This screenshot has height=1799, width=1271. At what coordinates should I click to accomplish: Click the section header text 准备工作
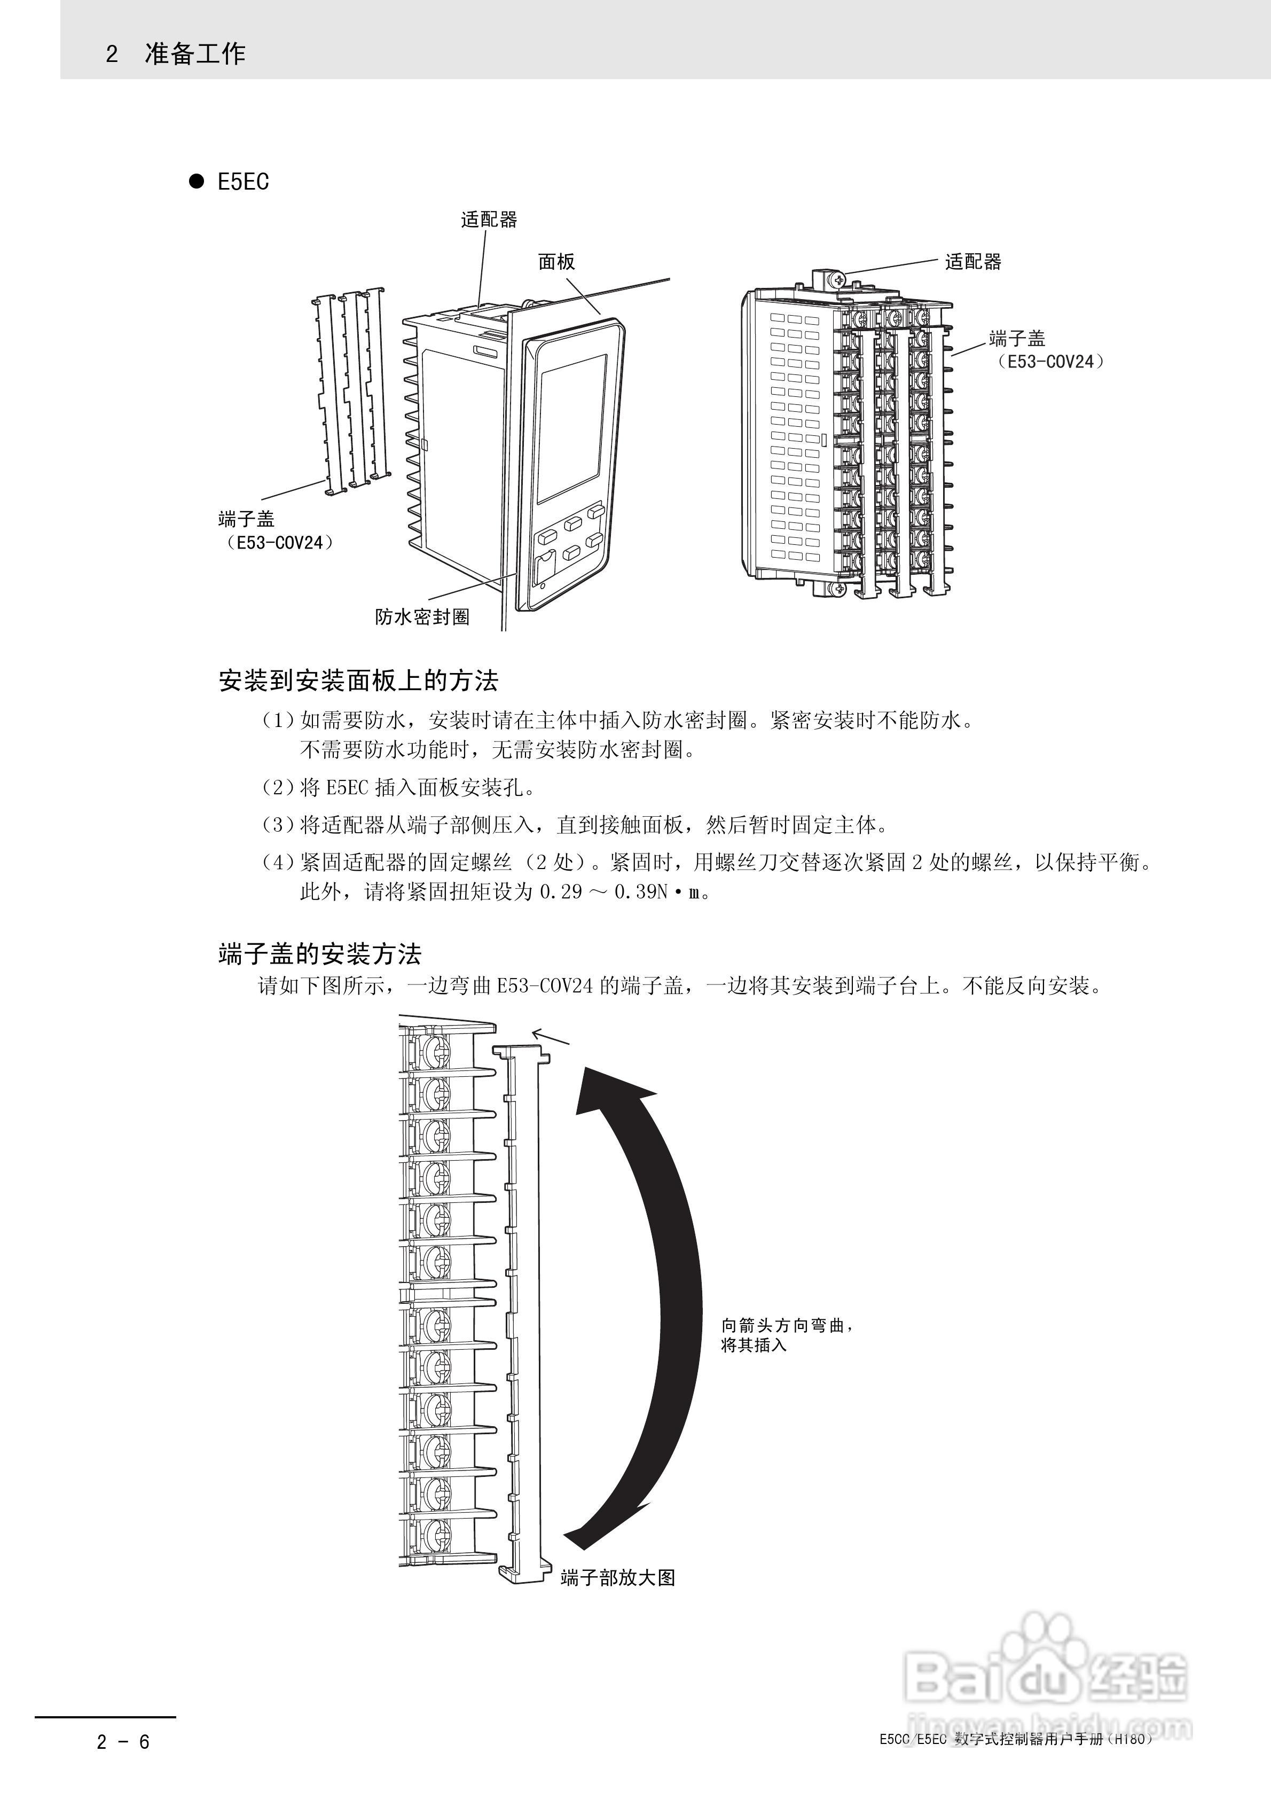coord(195,53)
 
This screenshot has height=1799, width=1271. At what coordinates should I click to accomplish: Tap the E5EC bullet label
coord(243,182)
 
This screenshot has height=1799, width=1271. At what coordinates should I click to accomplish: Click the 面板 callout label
coord(556,262)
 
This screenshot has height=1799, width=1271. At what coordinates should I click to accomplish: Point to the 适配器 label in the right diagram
coord(972,262)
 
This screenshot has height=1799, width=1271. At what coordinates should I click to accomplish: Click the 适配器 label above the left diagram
coord(489,220)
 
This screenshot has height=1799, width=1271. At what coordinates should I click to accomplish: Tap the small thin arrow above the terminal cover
coord(551,1037)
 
